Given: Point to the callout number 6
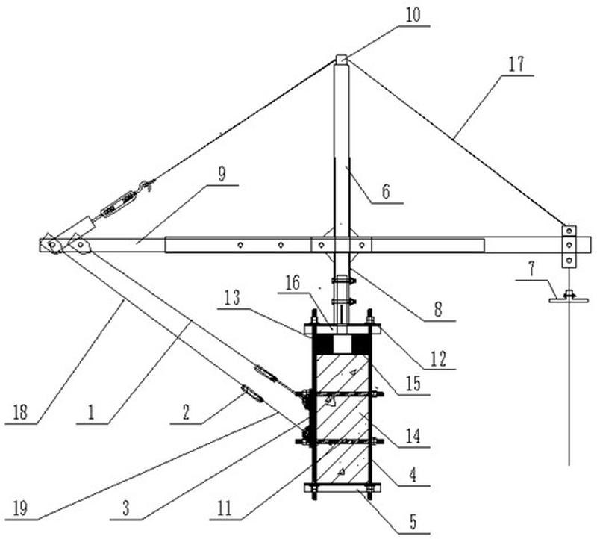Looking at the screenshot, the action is pos(385,192).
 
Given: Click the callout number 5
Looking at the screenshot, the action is pos(412,521).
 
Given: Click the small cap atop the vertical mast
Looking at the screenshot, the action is pos(341,59).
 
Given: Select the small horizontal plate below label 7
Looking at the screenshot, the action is pos(569,299).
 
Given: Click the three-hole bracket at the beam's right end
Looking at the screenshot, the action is pos(569,246).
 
